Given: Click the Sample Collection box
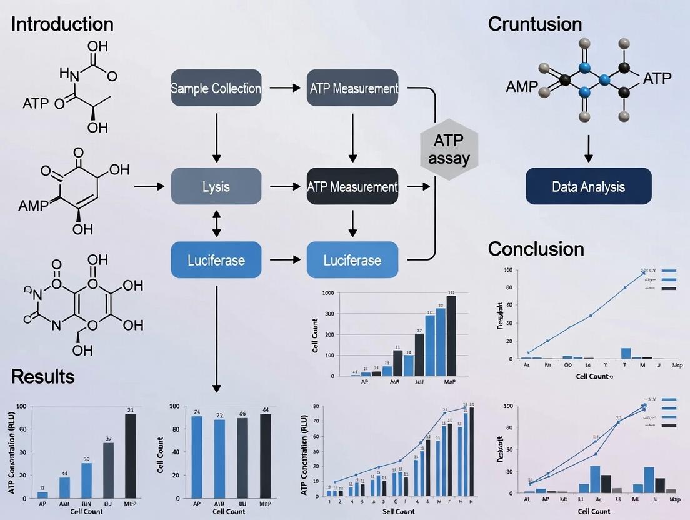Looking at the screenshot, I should click(216, 88).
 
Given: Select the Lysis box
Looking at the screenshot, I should click(216, 186).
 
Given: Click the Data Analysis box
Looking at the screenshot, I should click(588, 186).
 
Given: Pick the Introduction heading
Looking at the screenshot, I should click(62, 24).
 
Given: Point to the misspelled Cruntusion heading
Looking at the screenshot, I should click(534, 24).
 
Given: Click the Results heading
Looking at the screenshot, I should click(42, 376).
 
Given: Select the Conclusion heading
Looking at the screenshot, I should click(536, 249).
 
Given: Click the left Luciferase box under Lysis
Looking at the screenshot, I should click(216, 259).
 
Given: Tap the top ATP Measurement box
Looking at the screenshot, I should click(353, 88).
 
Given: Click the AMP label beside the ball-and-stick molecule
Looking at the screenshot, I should click(521, 87).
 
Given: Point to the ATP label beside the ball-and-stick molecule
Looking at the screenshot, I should click(657, 79).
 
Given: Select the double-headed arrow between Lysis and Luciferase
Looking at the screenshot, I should click(216, 223).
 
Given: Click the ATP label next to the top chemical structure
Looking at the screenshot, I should click(35, 103).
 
